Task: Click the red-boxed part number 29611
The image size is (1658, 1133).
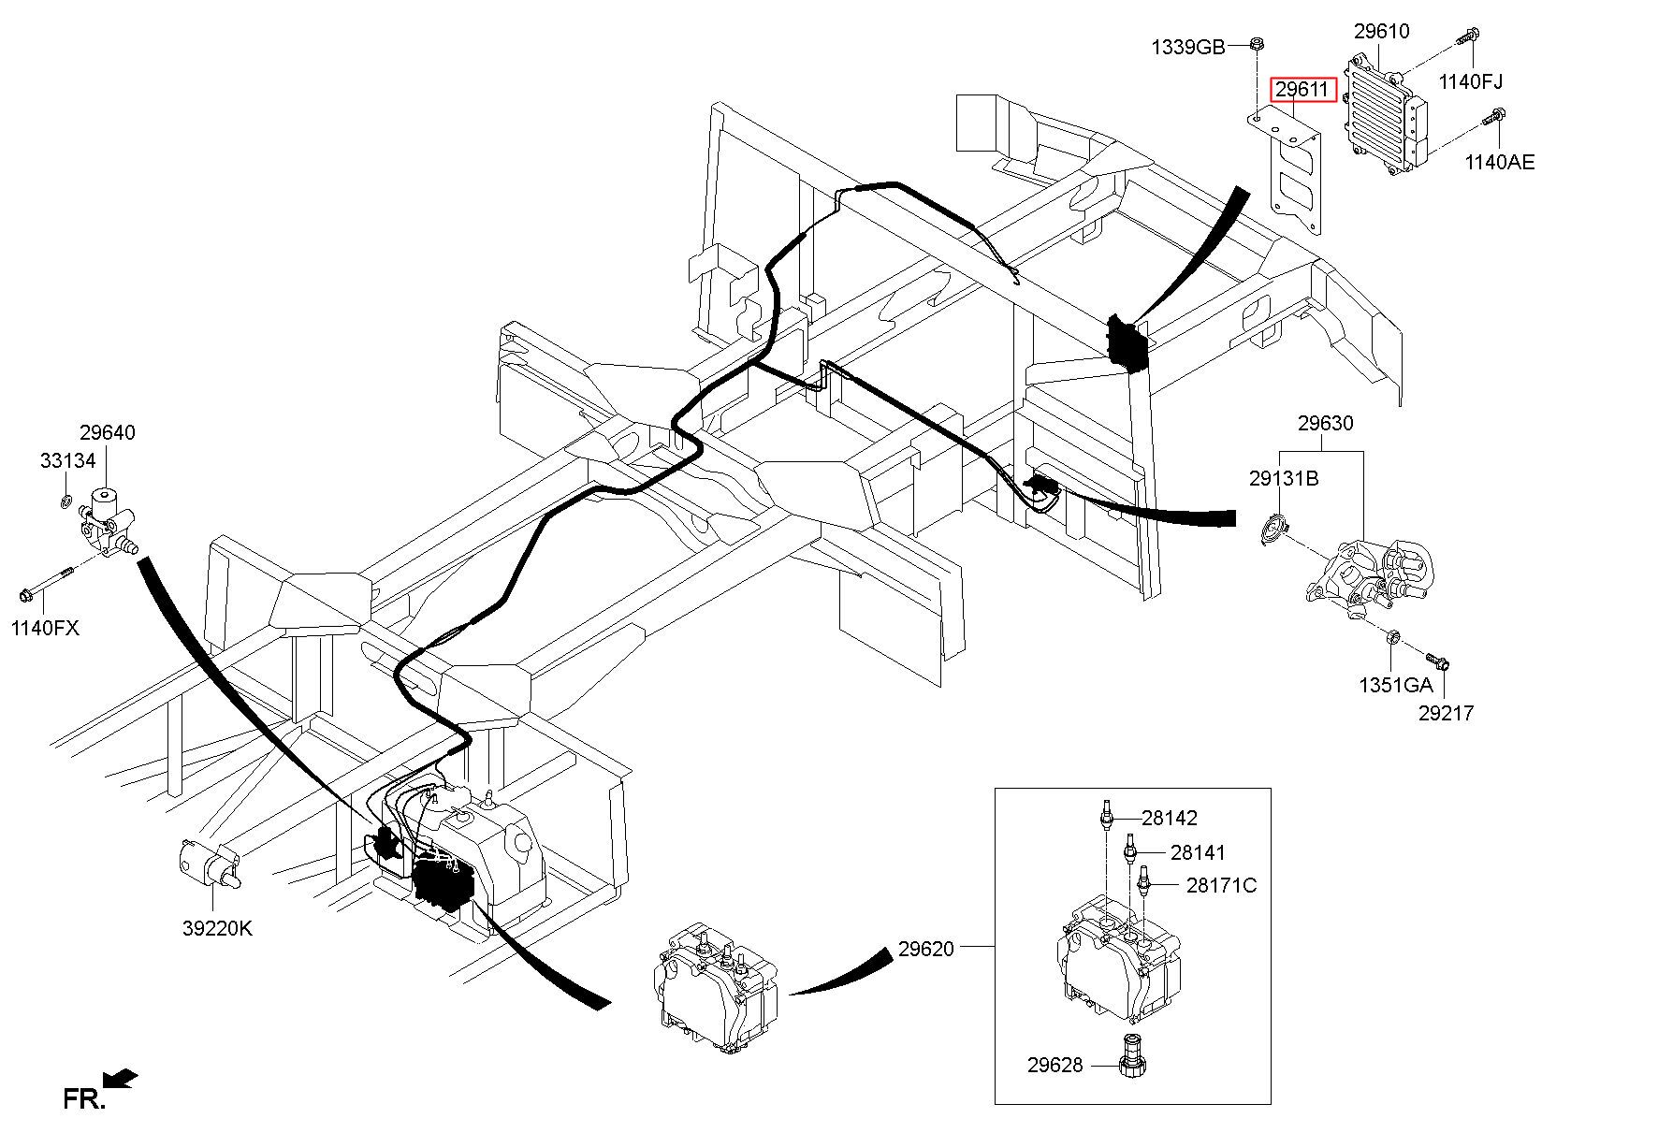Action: coord(1302,90)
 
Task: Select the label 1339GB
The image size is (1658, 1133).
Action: coord(1187,47)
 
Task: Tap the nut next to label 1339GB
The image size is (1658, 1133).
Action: coord(1257,42)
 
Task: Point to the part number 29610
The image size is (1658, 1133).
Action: coord(1381,32)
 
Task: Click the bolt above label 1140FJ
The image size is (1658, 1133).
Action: coord(1466,36)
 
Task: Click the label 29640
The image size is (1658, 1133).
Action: coord(107,432)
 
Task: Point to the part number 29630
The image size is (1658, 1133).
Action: coord(1325,423)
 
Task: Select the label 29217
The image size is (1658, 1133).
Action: coord(1446,713)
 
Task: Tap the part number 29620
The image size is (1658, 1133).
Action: coord(925,949)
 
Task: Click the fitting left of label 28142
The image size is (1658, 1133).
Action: coord(1106,815)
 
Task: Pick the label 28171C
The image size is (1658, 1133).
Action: coord(1221,885)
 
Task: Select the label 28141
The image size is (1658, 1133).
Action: coord(1197,852)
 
